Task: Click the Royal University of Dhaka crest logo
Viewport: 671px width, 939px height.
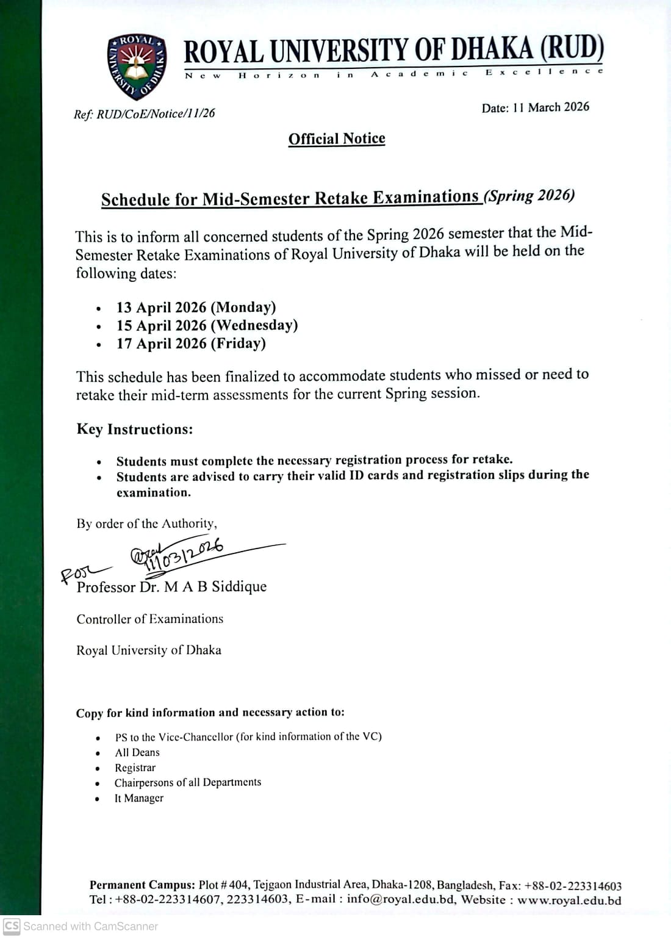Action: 136,67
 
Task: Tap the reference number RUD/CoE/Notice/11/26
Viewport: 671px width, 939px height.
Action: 156,113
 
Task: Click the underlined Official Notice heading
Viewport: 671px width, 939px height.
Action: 337,139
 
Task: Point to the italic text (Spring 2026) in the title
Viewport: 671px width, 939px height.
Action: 529,196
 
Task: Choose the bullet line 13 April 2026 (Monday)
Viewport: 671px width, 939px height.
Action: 196,307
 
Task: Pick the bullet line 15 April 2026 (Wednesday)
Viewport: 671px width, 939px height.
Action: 207,325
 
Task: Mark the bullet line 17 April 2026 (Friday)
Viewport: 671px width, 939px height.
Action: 191,344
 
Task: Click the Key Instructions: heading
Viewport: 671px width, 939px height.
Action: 135,430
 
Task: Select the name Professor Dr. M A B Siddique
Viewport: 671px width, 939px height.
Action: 171,587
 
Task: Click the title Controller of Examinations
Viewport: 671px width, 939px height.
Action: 150,619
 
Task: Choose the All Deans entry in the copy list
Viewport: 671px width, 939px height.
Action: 137,753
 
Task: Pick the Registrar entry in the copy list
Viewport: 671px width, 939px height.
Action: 135,768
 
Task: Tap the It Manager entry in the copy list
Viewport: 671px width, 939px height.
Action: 138,798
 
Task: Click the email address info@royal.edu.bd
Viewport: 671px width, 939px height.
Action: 401,899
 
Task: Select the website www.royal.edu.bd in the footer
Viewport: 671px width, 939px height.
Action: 569,900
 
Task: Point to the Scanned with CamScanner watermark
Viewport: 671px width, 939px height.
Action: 81,926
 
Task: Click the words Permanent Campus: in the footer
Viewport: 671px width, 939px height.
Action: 142,885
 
